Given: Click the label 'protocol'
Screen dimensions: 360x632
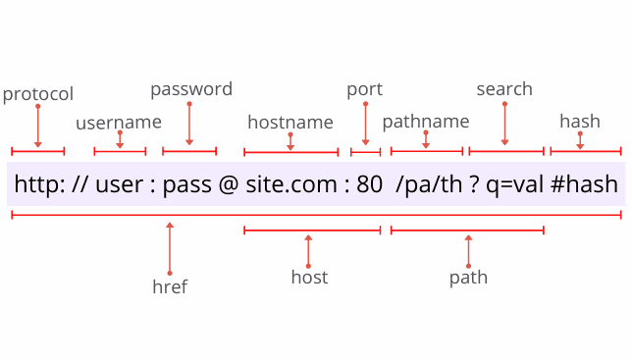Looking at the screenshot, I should [38, 94].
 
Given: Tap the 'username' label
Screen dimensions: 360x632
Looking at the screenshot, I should [119, 123].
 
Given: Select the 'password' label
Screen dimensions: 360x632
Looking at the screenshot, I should [191, 89].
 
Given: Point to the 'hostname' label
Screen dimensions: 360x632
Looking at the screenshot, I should [290, 123].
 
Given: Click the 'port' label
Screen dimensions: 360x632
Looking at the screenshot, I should [364, 89].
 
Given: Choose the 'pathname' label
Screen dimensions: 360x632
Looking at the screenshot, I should [426, 122].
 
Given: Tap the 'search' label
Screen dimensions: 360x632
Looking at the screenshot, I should [504, 89].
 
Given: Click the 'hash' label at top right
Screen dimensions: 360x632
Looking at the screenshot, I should [580, 122].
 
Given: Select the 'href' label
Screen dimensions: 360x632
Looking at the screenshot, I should [170, 287].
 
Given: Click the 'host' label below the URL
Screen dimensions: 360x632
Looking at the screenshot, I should [309, 278].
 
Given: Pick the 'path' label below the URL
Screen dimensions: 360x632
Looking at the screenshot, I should [468, 278].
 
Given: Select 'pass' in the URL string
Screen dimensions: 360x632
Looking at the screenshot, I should [187, 184].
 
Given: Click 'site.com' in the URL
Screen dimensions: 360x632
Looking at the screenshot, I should [289, 184].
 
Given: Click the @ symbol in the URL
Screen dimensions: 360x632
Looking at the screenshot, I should [229, 184].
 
